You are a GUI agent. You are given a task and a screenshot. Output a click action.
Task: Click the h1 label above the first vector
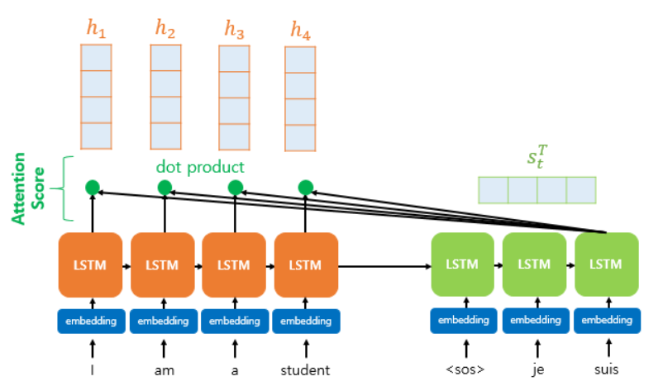pos(97,29)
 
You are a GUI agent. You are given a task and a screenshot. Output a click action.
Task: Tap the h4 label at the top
pos(300,31)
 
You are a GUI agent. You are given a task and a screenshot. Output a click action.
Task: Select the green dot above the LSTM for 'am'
pos(165,188)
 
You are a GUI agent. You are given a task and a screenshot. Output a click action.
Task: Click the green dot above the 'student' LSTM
pos(306,188)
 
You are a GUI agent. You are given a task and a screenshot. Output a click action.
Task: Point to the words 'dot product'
pos(200,167)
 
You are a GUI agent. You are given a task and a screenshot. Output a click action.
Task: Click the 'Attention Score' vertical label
pos(28,188)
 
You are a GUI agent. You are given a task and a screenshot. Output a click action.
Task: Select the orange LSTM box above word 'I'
pos(90,264)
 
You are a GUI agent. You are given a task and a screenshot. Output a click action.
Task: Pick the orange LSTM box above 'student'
pos(306,264)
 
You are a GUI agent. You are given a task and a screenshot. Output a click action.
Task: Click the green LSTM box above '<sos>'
pos(463,264)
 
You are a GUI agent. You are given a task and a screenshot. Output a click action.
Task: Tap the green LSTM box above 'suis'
pos(607,264)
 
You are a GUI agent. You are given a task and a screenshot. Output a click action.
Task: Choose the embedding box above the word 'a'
pos(235,322)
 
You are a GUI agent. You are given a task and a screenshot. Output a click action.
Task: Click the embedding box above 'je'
pos(536,321)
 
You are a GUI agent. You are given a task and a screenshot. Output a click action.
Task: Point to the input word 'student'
pos(305,370)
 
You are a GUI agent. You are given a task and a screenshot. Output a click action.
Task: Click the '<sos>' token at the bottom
pos(465,369)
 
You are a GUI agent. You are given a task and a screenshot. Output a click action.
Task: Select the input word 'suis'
pos(607,369)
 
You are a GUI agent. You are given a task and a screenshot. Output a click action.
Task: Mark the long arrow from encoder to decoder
pos(384,266)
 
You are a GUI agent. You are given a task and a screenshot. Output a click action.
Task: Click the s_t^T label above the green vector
pos(537,157)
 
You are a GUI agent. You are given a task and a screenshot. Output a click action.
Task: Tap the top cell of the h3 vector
pos(234,59)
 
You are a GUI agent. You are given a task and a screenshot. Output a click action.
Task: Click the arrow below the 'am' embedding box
pos(164,349)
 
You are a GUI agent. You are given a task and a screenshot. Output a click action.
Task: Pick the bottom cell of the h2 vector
pos(165,136)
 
